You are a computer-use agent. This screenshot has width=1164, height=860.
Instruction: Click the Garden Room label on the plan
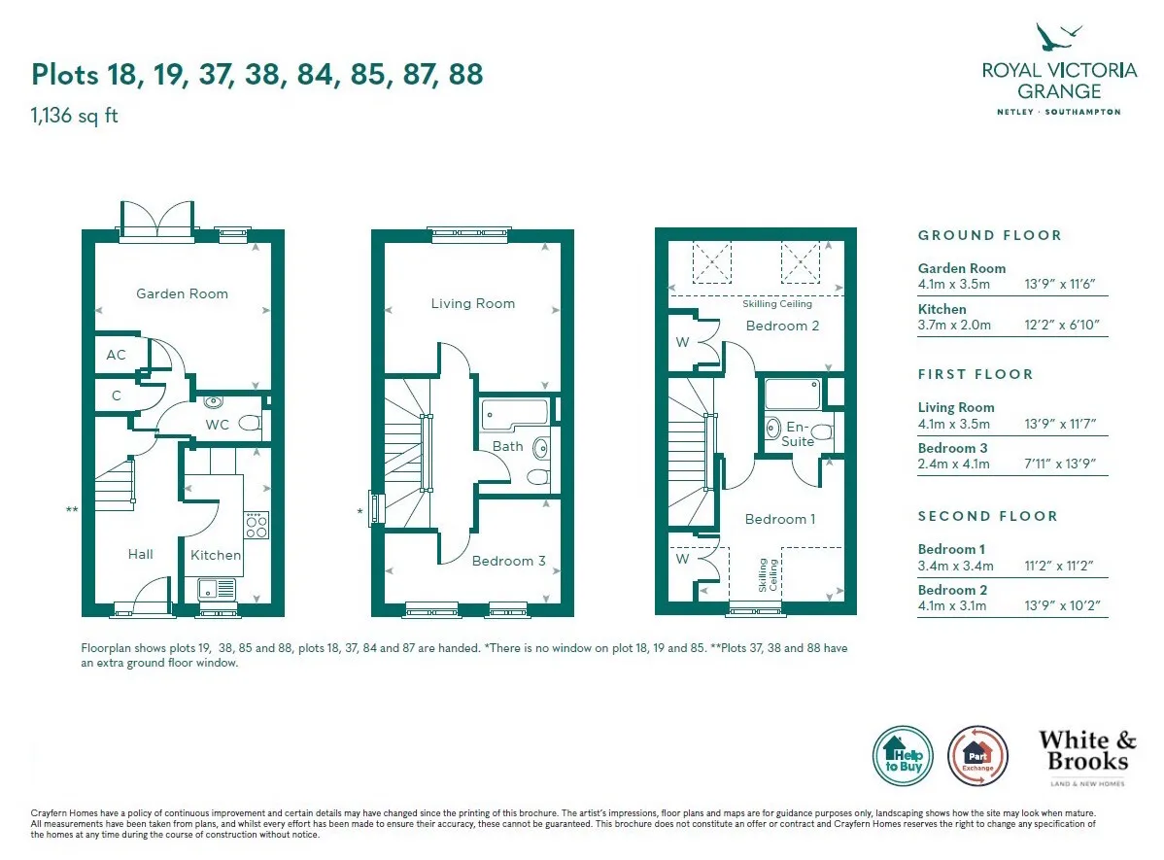pyautogui.click(x=182, y=294)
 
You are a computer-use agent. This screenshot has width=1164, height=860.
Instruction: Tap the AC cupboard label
pyautogui.click(x=116, y=355)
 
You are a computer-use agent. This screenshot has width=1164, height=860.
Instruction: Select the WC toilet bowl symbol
pyautogui.click(x=250, y=423)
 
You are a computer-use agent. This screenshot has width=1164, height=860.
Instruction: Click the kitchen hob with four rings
pyautogui.click(x=257, y=525)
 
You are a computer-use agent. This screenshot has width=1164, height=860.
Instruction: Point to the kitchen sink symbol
pyautogui.click(x=217, y=590)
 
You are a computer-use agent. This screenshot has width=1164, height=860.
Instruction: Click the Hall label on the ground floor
pyautogui.click(x=140, y=554)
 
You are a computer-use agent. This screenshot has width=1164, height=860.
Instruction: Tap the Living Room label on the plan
pyautogui.click(x=473, y=304)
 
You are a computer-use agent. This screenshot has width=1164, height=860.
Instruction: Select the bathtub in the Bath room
pyautogui.click(x=515, y=414)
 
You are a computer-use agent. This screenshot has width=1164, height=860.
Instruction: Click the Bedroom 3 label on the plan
pyautogui.click(x=508, y=562)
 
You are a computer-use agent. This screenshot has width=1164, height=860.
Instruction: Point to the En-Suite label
pyautogui.click(x=798, y=434)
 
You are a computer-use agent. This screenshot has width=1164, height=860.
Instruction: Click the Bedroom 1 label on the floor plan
pyautogui.click(x=780, y=519)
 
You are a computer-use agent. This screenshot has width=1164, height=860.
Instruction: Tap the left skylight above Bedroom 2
pyautogui.click(x=712, y=262)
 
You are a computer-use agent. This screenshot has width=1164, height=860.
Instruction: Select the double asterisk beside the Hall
pyautogui.click(x=72, y=510)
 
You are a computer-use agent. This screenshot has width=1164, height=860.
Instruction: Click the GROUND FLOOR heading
pyautogui.click(x=989, y=235)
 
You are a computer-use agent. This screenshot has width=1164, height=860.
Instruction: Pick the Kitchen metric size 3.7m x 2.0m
pyautogui.click(x=954, y=326)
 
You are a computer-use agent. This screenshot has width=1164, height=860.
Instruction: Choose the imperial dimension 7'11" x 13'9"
pyautogui.click(x=1060, y=464)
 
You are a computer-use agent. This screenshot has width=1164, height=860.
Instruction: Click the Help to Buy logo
pyautogui.click(x=903, y=756)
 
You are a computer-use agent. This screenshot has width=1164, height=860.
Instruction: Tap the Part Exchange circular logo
pyautogui.click(x=977, y=756)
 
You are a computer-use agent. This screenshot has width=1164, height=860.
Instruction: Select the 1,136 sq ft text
pyautogui.click(x=74, y=116)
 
